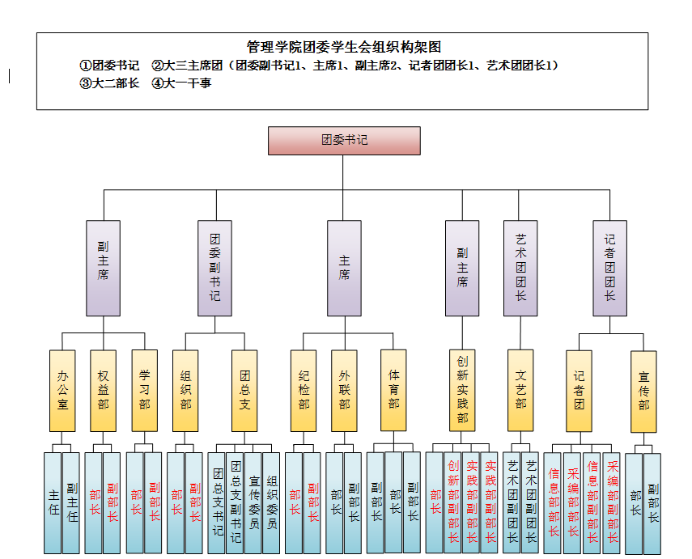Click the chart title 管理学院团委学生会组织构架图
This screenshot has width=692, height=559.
(x=343, y=47)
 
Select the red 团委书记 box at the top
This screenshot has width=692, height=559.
(x=344, y=140)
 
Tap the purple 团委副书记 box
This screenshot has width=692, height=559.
(x=214, y=268)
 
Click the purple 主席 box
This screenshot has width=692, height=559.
(x=344, y=268)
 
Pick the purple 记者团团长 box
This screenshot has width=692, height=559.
(x=609, y=268)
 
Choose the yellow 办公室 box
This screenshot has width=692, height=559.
(x=62, y=390)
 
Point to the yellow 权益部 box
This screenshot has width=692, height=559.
(x=103, y=390)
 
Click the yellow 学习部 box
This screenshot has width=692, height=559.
(x=144, y=390)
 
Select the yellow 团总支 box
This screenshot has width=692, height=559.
(x=244, y=390)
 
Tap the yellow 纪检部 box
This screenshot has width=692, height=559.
(x=304, y=390)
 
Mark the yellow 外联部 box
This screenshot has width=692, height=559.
(x=344, y=390)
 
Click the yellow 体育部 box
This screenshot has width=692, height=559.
(x=393, y=390)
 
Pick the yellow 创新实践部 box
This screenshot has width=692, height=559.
(x=462, y=390)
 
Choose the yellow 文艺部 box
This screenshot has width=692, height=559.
(x=520, y=390)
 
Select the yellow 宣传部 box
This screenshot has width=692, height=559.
(x=643, y=390)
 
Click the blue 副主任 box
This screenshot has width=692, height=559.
(x=72, y=502)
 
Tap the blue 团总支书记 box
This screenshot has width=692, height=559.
(x=217, y=502)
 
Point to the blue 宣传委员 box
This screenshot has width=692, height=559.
(x=253, y=502)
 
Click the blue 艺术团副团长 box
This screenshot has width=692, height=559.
(x=512, y=502)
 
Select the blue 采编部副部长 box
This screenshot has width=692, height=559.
(x=611, y=502)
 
